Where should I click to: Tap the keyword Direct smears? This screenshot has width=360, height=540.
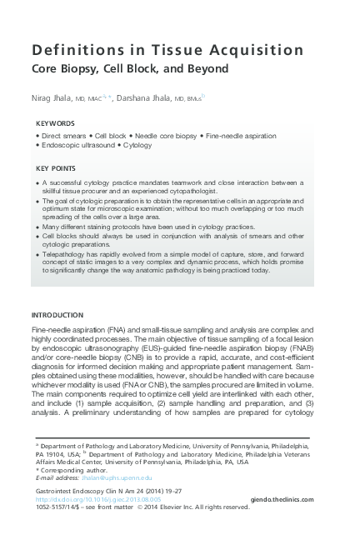pos(63,134)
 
